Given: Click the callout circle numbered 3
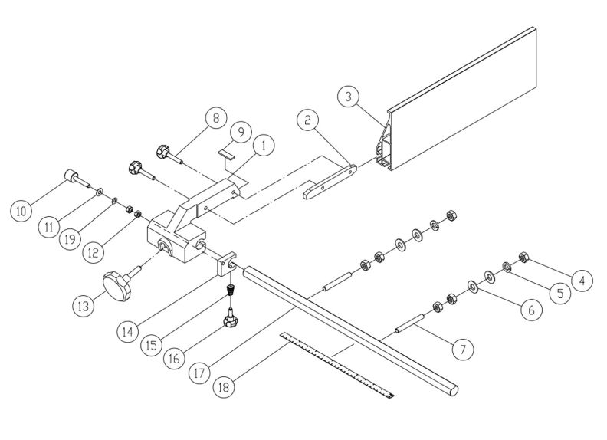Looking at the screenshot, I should tap(349, 98).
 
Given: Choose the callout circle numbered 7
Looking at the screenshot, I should tap(461, 349).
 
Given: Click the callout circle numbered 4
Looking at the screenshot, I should tap(582, 281).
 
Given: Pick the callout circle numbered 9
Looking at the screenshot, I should tap(240, 132).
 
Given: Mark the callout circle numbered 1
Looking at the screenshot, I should tap(262, 144).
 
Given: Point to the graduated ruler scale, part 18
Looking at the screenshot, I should tap(337, 364).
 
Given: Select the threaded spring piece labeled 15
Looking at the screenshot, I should tap(228, 293).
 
